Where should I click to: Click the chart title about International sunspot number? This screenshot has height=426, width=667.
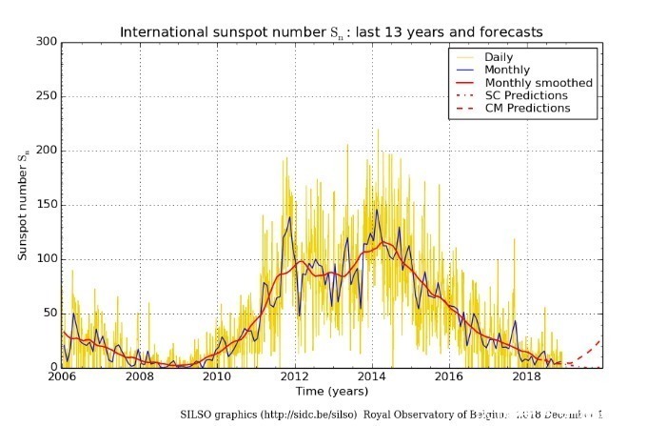pyautogui.click(x=331, y=32)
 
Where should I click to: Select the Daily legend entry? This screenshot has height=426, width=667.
pyautogui.click(x=500, y=57)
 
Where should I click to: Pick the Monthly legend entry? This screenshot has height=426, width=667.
pyautogui.click(x=507, y=70)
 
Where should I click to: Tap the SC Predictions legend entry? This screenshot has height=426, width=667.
pyautogui.click(x=525, y=95)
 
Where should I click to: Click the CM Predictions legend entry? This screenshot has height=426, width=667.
pyautogui.click(x=527, y=109)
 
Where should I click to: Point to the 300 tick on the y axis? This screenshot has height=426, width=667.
pyautogui.click(x=47, y=42)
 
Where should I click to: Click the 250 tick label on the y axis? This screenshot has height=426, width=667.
pyautogui.click(x=47, y=96)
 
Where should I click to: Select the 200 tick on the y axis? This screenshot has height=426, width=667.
pyautogui.click(x=47, y=151)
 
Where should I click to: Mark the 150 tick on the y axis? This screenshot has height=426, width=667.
pyautogui.click(x=47, y=205)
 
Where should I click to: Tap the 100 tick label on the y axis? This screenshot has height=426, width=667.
pyautogui.click(x=47, y=259)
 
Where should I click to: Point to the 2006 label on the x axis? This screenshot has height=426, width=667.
pyautogui.click(x=63, y=377)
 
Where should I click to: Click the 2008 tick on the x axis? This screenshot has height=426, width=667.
pyautogui.click(x=141, y=377)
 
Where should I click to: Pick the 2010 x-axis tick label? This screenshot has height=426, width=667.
pyautogui.click(x=219, y=377)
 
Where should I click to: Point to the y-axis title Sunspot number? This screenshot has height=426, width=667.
pyautogui.click(x=24, y=204)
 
